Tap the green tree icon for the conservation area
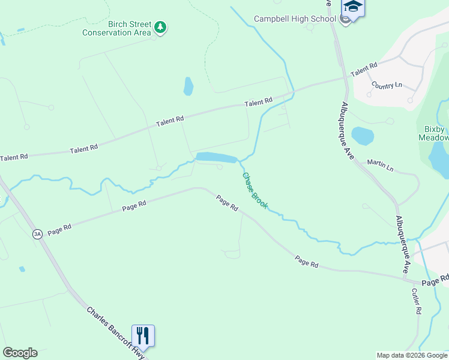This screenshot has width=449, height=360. point(160,27)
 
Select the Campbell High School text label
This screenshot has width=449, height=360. point(294,19)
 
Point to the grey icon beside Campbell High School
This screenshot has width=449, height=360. point(345,19)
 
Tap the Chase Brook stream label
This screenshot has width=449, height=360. point(255,190)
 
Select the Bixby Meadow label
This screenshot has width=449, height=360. point(433,133)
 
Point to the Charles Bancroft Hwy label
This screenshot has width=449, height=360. point(115,334)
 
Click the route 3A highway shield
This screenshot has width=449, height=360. point(38,234)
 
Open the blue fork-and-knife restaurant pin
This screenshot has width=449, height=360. point(143,336)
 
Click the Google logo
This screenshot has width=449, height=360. point(20,353)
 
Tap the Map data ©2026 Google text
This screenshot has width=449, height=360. point(412,355)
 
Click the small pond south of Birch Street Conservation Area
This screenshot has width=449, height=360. point(188,86)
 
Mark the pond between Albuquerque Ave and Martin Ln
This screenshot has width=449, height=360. point(362,136)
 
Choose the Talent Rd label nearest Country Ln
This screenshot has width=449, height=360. point(364,69)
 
